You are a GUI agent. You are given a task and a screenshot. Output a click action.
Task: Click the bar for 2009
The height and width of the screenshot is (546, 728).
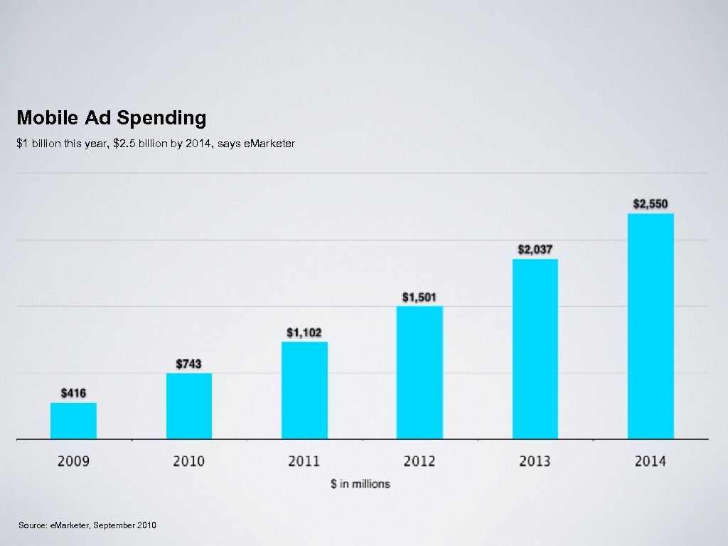click(x=73, y=421)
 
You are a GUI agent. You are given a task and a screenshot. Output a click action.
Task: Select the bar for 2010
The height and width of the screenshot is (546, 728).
click(x=189, y=406)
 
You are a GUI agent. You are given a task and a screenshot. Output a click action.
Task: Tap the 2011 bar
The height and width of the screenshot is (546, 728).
click(x=304, y=390)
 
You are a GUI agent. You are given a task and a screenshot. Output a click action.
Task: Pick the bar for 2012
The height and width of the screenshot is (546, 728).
click(x=419, y=373)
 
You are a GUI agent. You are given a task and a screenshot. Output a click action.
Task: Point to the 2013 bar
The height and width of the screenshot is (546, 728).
click(x=535, y=348)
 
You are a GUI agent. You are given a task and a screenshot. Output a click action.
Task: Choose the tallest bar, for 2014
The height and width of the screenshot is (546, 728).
click(x=651, y=326)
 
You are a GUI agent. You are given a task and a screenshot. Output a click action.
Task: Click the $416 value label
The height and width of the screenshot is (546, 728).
click(x=73, y=392)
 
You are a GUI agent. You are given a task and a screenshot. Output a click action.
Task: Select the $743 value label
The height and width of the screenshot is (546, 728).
click(x=189, y=363)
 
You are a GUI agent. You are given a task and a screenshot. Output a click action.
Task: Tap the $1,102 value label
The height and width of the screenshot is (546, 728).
click(x=304, y=332)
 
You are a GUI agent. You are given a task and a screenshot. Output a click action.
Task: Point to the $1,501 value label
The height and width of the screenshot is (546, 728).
click(x=419, y=296)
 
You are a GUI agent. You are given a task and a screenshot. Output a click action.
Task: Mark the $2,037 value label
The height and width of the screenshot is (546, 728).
click(x=535, y=250)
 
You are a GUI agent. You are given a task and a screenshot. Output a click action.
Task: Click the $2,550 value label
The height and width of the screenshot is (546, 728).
click(x=651, y=204)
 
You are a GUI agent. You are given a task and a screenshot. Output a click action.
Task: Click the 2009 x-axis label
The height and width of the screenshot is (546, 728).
click(x=73, y=461)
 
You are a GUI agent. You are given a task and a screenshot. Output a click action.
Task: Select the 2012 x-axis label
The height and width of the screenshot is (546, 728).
click(x=419, y=461)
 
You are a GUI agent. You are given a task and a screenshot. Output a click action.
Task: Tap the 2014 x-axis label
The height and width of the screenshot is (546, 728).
click(x=651, y=461)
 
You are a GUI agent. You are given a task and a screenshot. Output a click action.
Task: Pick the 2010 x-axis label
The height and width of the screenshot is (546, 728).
click(x=189, y=461)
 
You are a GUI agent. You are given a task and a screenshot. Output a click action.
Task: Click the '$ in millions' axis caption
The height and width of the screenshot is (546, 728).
click(x=360, y=483)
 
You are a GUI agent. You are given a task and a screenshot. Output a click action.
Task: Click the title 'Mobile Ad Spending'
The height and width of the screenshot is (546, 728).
click(x=112, y=117)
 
